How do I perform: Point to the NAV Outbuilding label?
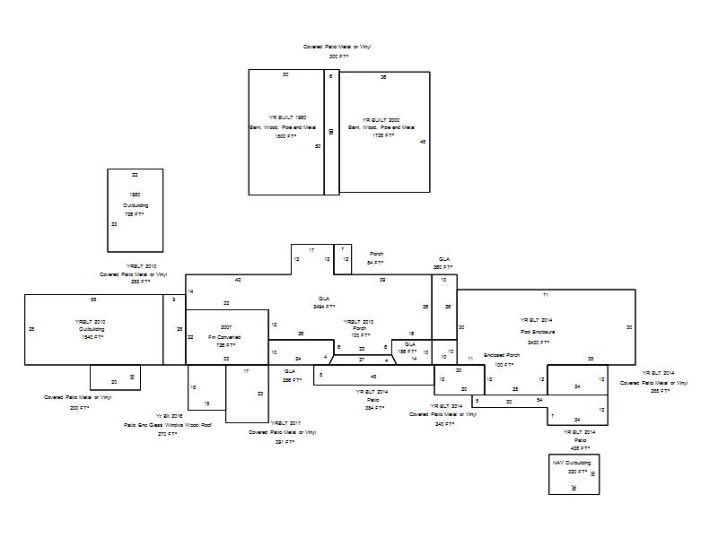tap(572, 463)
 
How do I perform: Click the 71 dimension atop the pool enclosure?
tap(545, 295)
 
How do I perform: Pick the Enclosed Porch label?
tap(502, 356)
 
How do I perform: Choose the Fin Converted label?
tap(225, 336)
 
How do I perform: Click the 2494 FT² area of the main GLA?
tap(325, 307)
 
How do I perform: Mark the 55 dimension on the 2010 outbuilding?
tap(93, 299)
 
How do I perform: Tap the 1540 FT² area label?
tap(91, 337)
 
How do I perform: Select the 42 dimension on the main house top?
tap(238, 280)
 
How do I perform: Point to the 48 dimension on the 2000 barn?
tap(423, 142)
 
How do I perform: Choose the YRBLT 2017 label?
tap(284, 422)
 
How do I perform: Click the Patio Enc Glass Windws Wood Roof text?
tap(168, 425)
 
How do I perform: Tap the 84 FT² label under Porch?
tap(375, 263)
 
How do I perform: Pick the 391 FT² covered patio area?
tap(285, 442)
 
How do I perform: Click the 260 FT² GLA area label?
tap(443, 267)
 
